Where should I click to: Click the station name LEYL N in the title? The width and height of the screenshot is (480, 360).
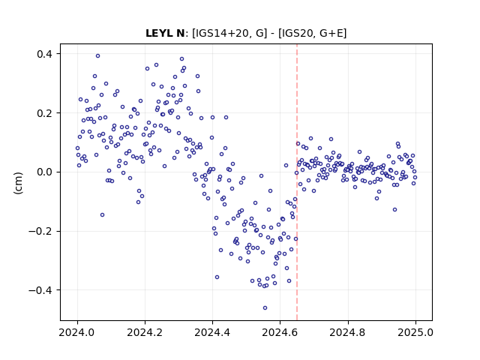[x=165, y=33]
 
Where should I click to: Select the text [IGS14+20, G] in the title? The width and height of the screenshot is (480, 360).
[x=228, y=33]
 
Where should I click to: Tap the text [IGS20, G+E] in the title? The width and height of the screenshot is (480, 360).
[x=313, y=33]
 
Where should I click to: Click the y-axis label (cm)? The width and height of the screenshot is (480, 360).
[x=18, y=183]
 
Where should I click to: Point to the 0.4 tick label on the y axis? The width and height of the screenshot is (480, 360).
[x=45, y=54]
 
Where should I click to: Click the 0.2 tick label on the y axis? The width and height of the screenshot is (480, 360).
[x=45, y=113]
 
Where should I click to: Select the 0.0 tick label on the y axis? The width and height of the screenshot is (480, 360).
[x=45, y=172]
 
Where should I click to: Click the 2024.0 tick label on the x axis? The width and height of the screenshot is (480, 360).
[x=77, y=332]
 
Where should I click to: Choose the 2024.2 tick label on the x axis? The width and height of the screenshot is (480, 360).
[x=145, y=332]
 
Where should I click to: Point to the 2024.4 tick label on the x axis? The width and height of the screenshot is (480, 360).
[x=212, y=332]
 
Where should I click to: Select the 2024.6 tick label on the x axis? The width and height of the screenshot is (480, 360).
[x=280, y=332]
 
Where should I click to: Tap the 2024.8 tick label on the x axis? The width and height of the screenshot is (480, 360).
[x=348, y=332]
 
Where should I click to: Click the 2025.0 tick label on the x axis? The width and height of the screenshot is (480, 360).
[x=415, y=332]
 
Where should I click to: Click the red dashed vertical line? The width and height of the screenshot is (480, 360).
[x=297, y=182]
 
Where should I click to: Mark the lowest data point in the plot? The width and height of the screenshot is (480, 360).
[x=265, y=307]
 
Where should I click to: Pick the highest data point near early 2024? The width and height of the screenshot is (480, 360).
[x=98, y=55]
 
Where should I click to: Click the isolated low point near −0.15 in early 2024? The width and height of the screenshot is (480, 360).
[x=102, y=215]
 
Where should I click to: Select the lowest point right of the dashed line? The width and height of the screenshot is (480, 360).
[x=395, y=210]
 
